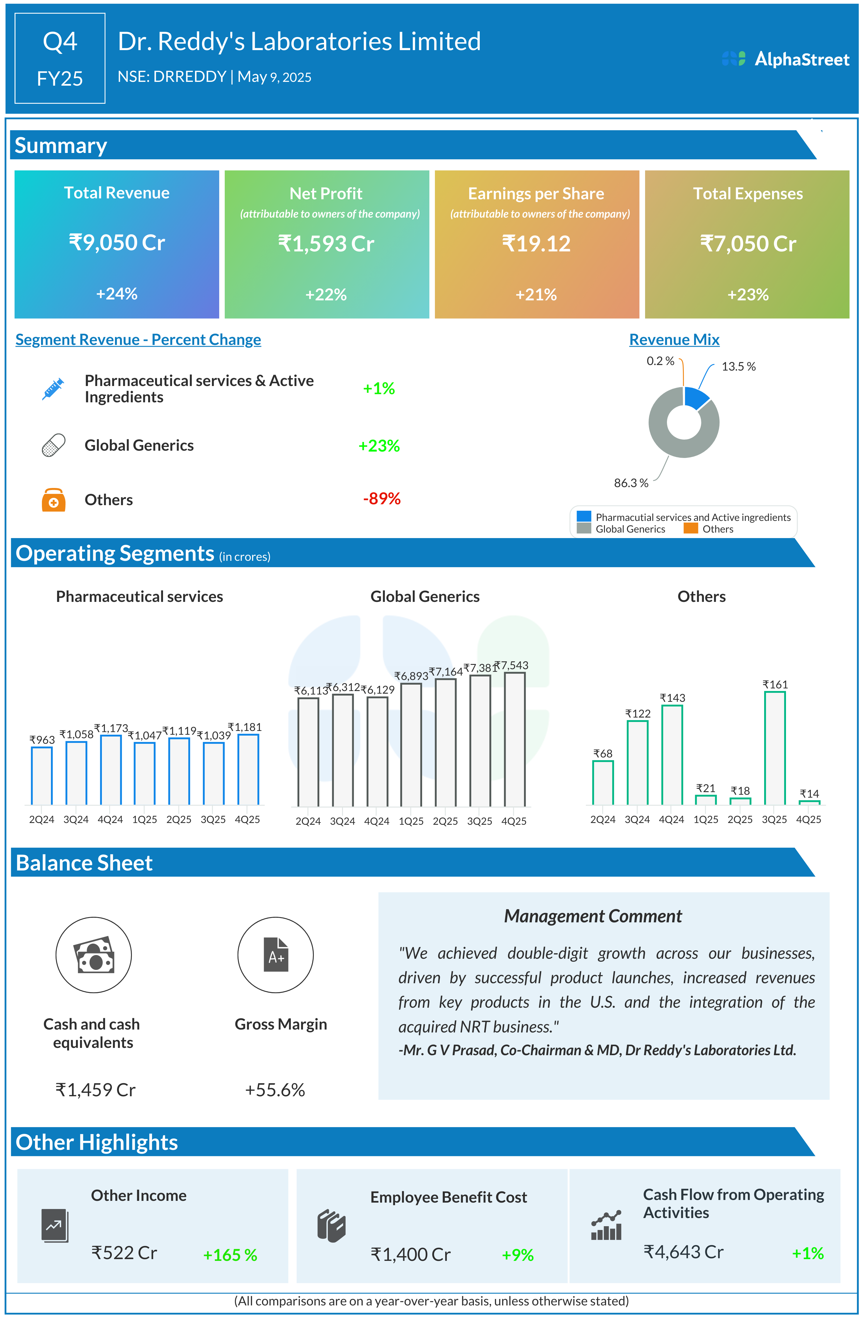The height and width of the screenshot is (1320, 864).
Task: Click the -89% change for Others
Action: [x=381, y=498]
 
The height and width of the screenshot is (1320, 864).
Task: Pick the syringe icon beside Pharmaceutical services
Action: [x=53, y=389]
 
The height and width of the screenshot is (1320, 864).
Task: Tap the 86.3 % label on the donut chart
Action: [x=631, y=483]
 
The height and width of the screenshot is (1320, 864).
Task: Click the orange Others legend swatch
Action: [x=691, y=528]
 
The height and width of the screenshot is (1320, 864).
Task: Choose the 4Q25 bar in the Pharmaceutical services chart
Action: [x=248, y=769]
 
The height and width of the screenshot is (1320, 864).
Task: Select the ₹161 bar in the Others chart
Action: [x=774, y=748]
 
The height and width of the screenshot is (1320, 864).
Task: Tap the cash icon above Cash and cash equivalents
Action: [x=94, y=955]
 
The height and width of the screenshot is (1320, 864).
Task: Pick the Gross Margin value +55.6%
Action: [x=275, y=1090]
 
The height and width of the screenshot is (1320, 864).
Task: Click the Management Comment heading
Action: [x=592, y=916]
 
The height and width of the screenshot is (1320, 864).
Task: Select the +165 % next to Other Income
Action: [x=230, y=1255]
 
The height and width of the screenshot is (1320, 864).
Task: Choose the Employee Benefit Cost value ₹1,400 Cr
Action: [x=410, y=1254]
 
